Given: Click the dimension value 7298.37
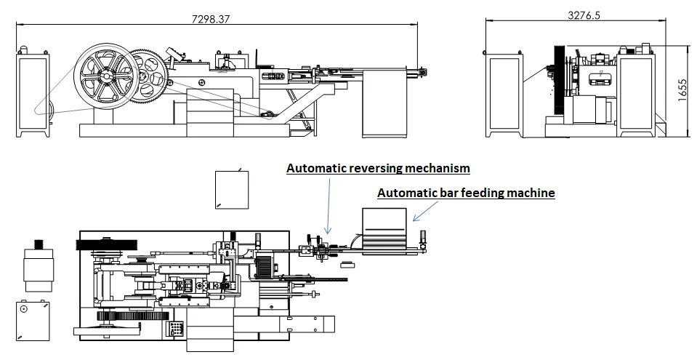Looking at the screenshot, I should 210,20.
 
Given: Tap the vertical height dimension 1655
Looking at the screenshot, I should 682,92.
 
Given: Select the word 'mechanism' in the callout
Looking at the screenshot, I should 438,168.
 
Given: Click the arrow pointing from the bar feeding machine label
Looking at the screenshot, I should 421,212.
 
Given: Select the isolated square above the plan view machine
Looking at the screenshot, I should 232,189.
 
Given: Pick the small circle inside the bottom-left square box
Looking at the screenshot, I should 23,308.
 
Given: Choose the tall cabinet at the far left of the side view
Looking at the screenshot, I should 33,95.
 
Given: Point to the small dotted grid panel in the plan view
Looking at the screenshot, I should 176,329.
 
